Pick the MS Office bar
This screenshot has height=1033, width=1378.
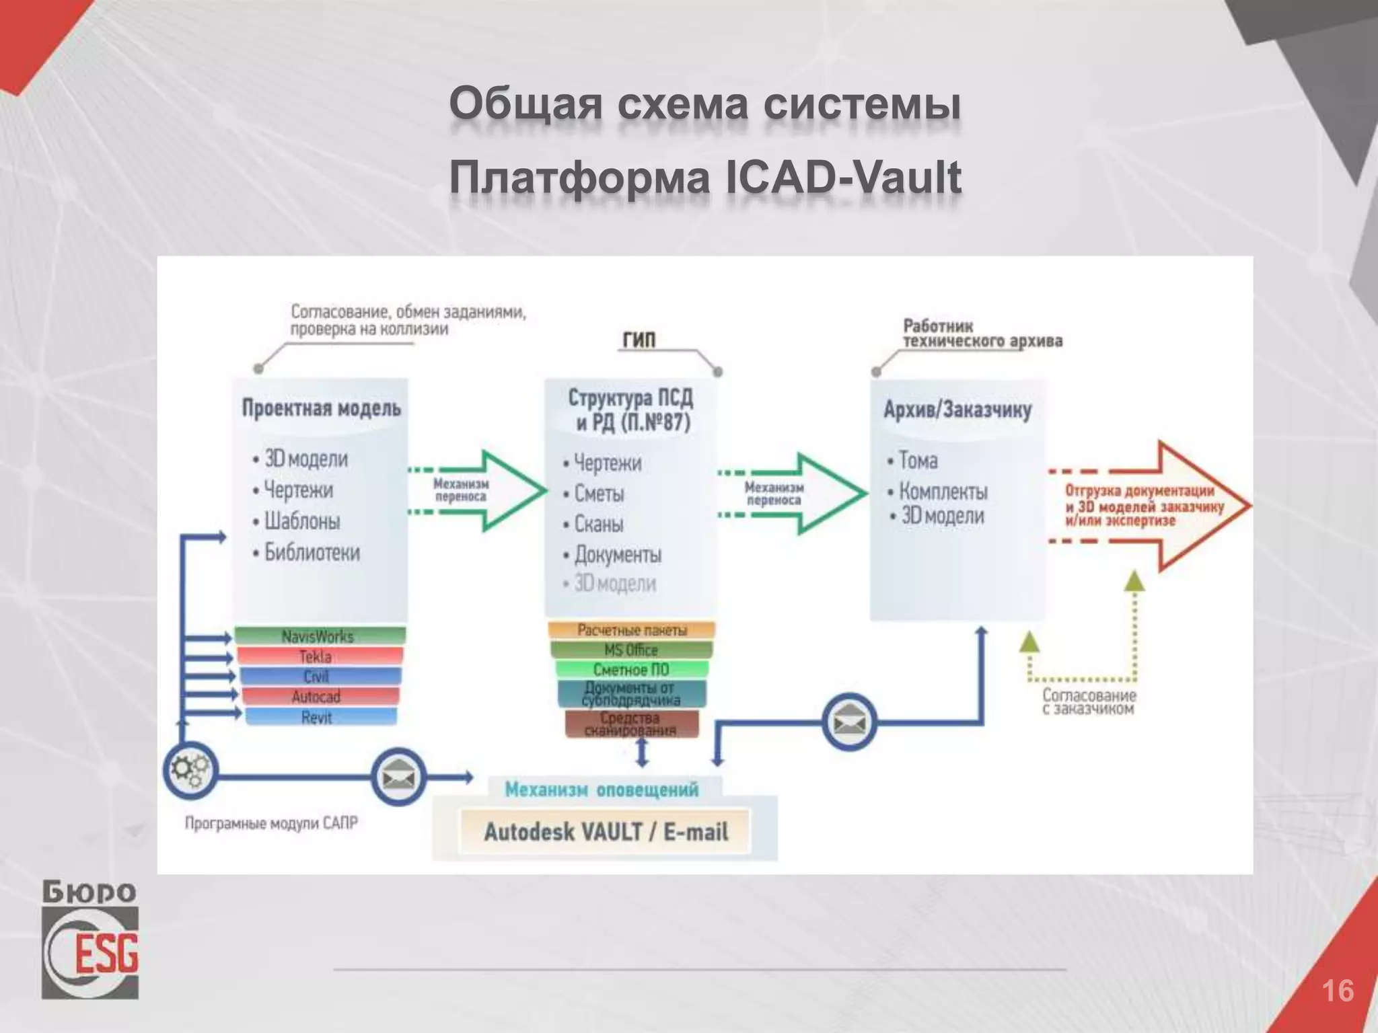[x=631, y=650]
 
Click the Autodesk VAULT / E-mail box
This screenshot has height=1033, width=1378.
[x=605, y=832]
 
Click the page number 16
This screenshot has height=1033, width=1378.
[x=1338, y=991]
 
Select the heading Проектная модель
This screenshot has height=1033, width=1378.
[x=321, y=408]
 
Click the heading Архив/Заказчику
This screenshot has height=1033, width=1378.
[x=957, y=410]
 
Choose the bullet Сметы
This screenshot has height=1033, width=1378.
[x=599, y=494]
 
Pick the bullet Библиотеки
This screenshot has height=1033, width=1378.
[x=312, y=552]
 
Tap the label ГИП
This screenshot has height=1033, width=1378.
[x=638, y=340]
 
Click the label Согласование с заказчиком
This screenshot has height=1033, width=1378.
[x=1089, y=701]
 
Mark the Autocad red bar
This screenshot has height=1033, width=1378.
[x=317, y=697]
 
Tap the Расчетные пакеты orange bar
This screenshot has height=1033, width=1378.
[x=631, y=630]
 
